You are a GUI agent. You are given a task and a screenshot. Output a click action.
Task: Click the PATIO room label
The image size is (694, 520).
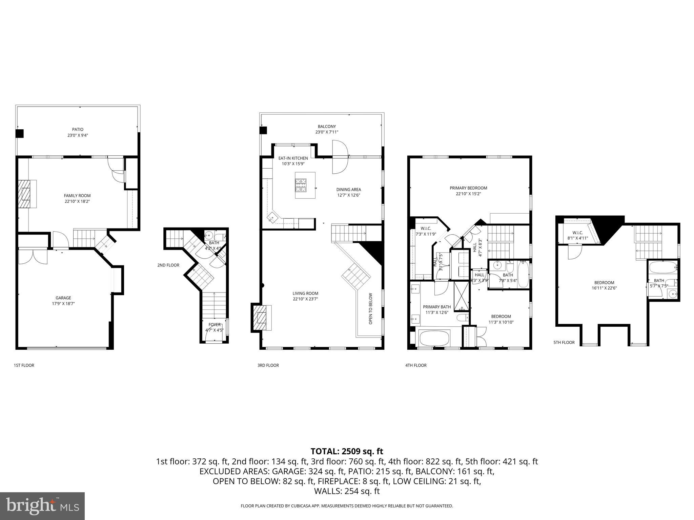pos(78,129)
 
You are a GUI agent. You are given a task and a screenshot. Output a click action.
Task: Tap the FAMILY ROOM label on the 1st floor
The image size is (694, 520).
pos(77,196)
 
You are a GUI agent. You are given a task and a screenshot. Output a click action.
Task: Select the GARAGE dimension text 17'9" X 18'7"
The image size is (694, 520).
pos(63,304)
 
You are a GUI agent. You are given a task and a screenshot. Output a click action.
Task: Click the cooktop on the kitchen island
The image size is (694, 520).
pos(301,185)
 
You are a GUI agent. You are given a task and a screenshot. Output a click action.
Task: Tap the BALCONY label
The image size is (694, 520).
pos(327,127)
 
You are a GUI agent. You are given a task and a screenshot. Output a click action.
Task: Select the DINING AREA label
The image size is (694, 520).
pos(348,190)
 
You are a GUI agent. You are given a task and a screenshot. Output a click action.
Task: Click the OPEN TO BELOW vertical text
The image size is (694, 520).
pos(370,308)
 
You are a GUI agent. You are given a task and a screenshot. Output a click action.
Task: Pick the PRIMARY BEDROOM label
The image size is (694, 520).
pos(468,188)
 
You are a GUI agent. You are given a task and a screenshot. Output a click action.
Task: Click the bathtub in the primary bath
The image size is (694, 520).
pos(434,338)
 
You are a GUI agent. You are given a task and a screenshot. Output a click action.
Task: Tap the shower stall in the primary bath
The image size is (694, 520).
pos(461,296)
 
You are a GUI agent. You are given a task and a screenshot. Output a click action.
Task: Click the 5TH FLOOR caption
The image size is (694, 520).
pos(564,342)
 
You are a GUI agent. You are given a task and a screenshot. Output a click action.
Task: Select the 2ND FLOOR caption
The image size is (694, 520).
pos(168,265)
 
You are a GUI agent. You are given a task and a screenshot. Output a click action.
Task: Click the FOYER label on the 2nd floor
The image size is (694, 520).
pos(214,325)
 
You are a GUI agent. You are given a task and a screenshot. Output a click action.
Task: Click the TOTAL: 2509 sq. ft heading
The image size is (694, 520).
pos(347,451)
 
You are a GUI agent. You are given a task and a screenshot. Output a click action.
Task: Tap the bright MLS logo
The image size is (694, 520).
pos(42,506)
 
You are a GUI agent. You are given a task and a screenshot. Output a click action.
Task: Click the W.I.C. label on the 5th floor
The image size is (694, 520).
pos(577,233)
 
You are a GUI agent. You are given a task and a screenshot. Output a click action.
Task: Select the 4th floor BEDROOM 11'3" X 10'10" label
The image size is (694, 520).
pos(501,317)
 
